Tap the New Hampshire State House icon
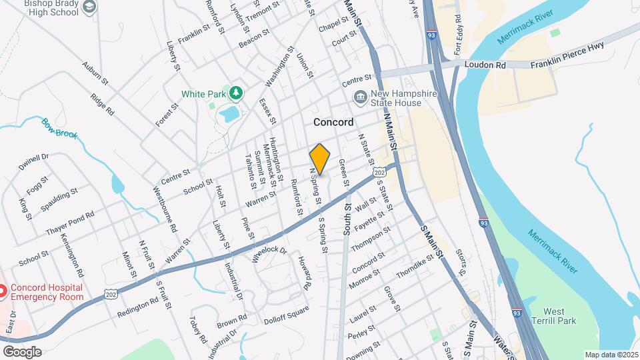(x=361, y=98)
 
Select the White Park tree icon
(x=235, y=91)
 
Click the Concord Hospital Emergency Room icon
(x=2, y=291)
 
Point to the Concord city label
(x=333, y=123)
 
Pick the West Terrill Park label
(x=559, y=317)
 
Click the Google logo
(x=22, y=351)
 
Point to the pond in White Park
(x=229, y=114)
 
